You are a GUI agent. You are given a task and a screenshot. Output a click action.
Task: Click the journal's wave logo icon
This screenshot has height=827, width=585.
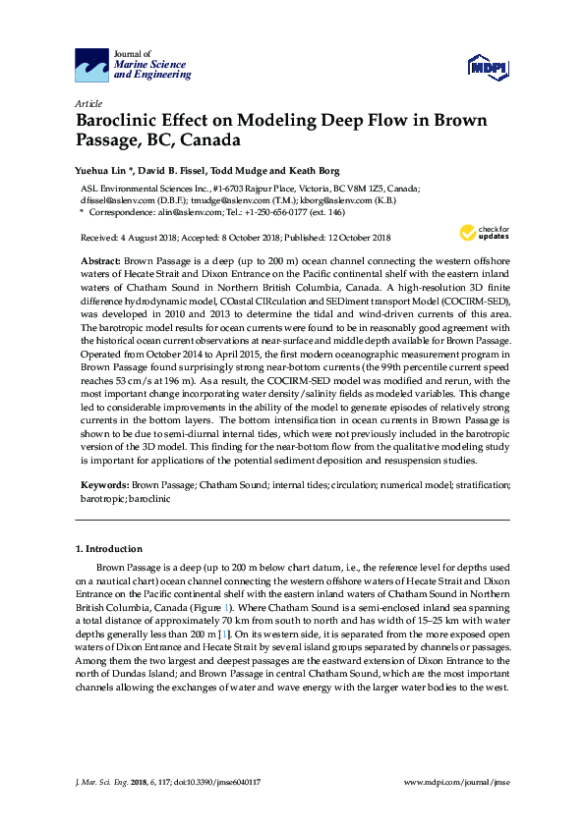[x=90, y=65]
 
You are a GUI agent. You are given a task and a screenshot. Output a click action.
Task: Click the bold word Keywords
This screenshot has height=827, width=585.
[x=103, y=485]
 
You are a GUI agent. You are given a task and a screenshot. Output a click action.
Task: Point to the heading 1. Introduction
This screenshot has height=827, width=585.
[x=109, y=548]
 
